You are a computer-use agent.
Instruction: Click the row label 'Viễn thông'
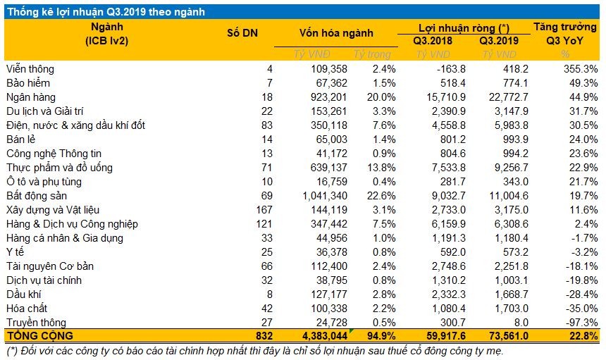click(x=30, y=69)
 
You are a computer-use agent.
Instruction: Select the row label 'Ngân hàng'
click(x=30, y=97)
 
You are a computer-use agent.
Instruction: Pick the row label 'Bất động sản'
click(x=37, y=196)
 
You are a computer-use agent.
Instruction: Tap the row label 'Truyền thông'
click(x=34, y=322)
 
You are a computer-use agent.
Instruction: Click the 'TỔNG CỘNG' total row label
click(x=39, y=336)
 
